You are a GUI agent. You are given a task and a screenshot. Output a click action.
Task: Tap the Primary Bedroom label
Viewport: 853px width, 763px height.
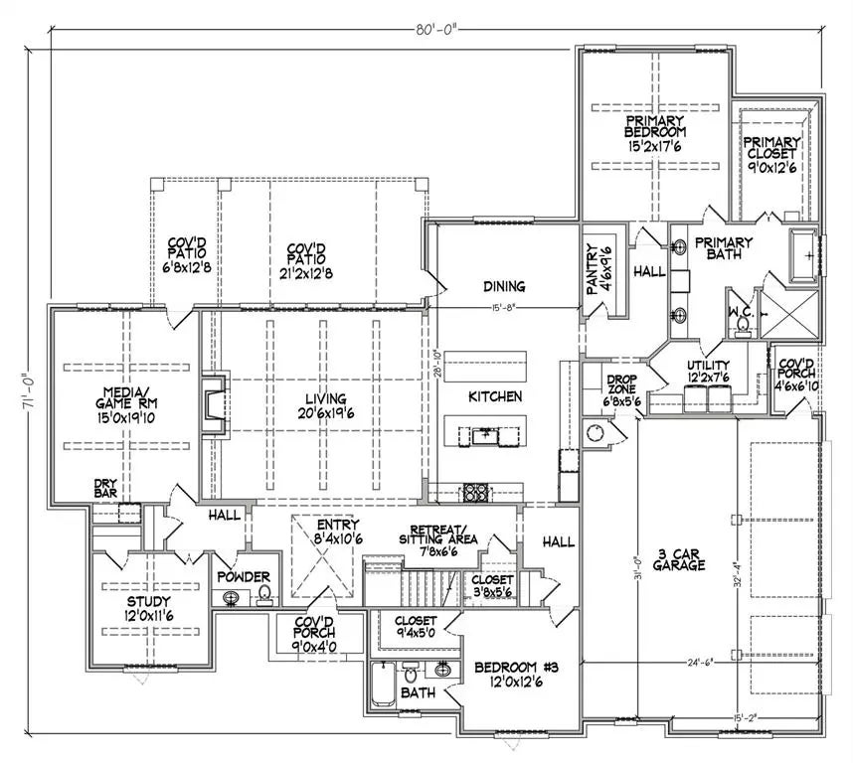point(655,133)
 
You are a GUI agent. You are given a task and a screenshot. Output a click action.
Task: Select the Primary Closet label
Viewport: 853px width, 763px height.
point(771,155)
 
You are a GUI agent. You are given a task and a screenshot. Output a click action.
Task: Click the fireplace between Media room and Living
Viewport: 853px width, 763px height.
point(214,404)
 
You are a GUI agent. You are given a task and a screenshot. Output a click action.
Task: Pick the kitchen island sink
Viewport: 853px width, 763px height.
point(484,436)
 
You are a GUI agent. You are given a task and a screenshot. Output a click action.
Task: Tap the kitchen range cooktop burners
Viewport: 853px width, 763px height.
point(475,493)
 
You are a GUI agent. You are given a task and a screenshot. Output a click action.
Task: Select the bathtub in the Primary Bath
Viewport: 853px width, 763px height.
point(802,255)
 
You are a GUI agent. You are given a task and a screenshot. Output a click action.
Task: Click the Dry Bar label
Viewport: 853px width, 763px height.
point(105,488)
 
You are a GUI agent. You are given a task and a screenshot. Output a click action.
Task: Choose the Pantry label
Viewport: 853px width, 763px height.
point(598,269)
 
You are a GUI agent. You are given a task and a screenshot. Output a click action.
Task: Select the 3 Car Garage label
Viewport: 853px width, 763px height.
point(678,559)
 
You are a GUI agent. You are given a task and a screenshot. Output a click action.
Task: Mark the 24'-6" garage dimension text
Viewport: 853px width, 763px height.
point(699,662)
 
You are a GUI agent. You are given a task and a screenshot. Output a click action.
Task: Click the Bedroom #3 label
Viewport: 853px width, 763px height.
point(516,674)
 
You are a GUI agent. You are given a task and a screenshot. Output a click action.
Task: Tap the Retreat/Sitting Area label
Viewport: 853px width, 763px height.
point(438,540)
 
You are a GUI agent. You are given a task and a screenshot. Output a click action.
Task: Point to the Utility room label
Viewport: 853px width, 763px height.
point(708,371)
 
